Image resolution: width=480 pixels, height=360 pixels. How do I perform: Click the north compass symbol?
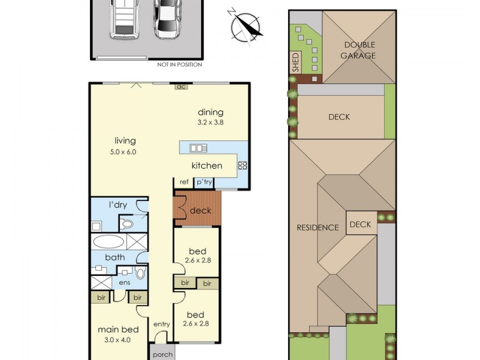pyautogui.click(x=246, y=27)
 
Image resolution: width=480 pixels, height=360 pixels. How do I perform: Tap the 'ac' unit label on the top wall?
pyautogui.click(x=181, y=86)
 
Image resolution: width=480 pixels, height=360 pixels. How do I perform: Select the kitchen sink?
pyautogui.click(x=198, y=148)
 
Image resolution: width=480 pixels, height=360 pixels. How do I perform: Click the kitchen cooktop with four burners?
pyautogui.click(x=242, y=166)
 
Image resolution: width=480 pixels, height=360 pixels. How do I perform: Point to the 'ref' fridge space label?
pyautogui.click(x=184, y=182)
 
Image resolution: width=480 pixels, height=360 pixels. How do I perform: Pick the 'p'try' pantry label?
pyautogui.click(x=204, y=182)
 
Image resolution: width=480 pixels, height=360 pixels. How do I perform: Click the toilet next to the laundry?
pyautogui.click(x=127, y=224)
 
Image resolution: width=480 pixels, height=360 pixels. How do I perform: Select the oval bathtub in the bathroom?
pyautogui.click(x=109, y=242)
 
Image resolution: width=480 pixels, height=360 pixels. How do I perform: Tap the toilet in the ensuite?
pyautogui.click(x=140, y=273)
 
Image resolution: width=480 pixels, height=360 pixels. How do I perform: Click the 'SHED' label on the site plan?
pyautogui.click(x=295, y=62)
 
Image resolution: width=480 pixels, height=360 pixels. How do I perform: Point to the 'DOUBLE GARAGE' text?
pyautogui.click(x=358, y=50)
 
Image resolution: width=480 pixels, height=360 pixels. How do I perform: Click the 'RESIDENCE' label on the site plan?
pyautogui.click(x=318, y=228)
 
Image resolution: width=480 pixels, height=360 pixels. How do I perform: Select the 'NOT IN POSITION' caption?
pyautogui.click(x=179, y=65)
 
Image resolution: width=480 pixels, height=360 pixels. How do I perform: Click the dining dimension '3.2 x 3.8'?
pyautogui.click(x=211, y=122)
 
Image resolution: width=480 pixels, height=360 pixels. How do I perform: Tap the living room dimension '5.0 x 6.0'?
pyautogui.click(x=123, y=152)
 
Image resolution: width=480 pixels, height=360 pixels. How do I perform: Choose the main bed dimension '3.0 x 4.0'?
pyautogui.click(x=117, y=340)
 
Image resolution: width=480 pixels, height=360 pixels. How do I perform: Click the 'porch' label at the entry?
pyautogui.click(x=163, y=355)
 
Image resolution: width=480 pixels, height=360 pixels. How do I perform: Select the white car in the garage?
pyautogui.click(x=167, y=19)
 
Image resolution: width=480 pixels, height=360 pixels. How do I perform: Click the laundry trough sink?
pyautogui.click(x=97, y=227)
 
